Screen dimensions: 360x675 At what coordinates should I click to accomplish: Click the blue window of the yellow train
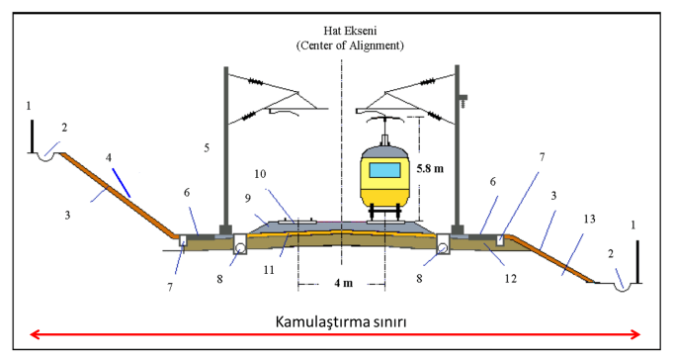tap(384, 168)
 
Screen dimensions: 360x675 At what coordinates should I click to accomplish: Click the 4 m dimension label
tap(342, 284)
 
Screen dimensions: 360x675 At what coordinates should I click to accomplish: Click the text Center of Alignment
tap(342, 45)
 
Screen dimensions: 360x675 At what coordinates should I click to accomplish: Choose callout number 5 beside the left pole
tap(208, 148)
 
